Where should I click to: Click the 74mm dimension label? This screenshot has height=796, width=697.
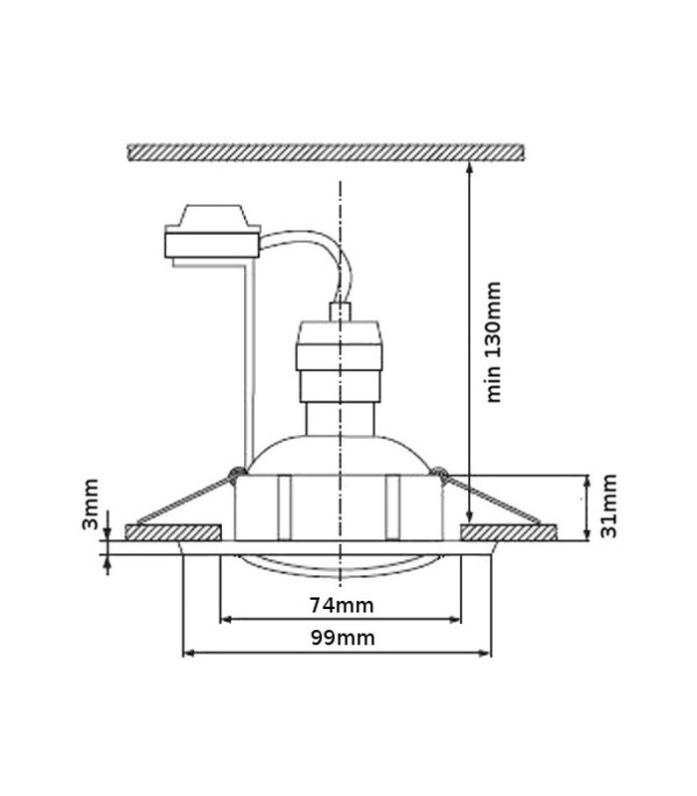[342, 605]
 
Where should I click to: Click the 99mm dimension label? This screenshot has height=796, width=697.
[343, 638]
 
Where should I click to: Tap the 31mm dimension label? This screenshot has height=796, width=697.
[608, 505]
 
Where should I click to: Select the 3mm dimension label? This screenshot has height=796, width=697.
[90, 504]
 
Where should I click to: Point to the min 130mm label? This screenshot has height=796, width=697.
[493, 342]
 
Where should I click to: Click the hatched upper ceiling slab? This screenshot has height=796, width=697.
[326, 152]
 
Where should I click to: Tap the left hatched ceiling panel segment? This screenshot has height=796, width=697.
[173, 532]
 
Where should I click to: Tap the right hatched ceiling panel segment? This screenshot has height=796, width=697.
[509, 532]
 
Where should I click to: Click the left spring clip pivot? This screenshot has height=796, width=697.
[236, 475]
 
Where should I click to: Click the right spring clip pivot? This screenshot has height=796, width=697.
[440, 475]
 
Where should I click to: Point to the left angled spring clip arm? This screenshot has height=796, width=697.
[184, 499]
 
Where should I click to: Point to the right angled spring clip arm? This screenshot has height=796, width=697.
[492, 499]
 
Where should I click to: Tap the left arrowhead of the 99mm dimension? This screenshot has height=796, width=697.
[188, 653]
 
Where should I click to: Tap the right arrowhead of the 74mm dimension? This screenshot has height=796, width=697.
[455, 619]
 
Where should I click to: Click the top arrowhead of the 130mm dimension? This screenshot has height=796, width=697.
[469, 167]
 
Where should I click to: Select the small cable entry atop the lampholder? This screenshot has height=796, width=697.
[340, 311]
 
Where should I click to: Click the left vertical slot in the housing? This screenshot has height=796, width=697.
[284, 507]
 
